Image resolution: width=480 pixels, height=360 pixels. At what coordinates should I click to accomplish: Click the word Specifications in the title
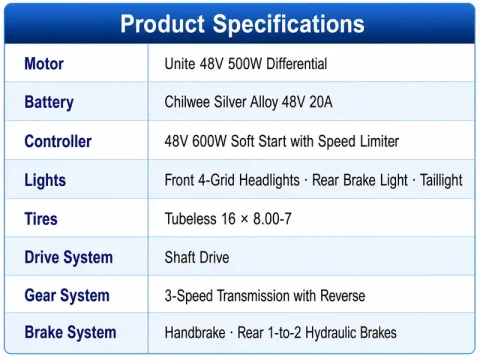click(x=289, y=24)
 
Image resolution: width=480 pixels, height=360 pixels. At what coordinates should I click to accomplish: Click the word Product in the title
click(x=163, y=24)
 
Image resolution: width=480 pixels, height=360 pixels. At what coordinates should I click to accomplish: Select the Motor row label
click(x=44, y=63)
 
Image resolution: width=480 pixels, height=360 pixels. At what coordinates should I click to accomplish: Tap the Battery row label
click(x=49, y=102)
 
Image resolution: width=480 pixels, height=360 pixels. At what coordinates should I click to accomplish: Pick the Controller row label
click(x=58, y=141)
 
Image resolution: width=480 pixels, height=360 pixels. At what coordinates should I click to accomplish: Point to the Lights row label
click(x=45, y=180)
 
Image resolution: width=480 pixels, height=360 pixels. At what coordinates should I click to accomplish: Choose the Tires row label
click(x=41, y=219)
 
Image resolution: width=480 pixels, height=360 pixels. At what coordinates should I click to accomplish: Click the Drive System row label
click(x=69, y=258)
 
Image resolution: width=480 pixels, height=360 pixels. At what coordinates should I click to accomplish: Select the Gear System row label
click(x=67, y=296)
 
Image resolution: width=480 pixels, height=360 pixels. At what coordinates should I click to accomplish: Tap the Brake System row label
click(x=70, y=332)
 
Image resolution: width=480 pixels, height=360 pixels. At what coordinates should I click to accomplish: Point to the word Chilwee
click(x=187, y=102)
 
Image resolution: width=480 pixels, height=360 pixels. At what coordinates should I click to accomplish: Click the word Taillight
click(x=441, y=180)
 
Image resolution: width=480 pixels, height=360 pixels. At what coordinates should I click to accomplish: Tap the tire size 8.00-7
click(x=272, y=219)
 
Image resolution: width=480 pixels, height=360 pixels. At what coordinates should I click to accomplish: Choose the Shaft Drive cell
click(x=197, y=258)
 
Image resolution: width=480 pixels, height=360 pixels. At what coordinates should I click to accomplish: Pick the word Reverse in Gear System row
click(x=343, y=296)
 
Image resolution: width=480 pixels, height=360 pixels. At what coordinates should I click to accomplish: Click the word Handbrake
click(x=195, y=333)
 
